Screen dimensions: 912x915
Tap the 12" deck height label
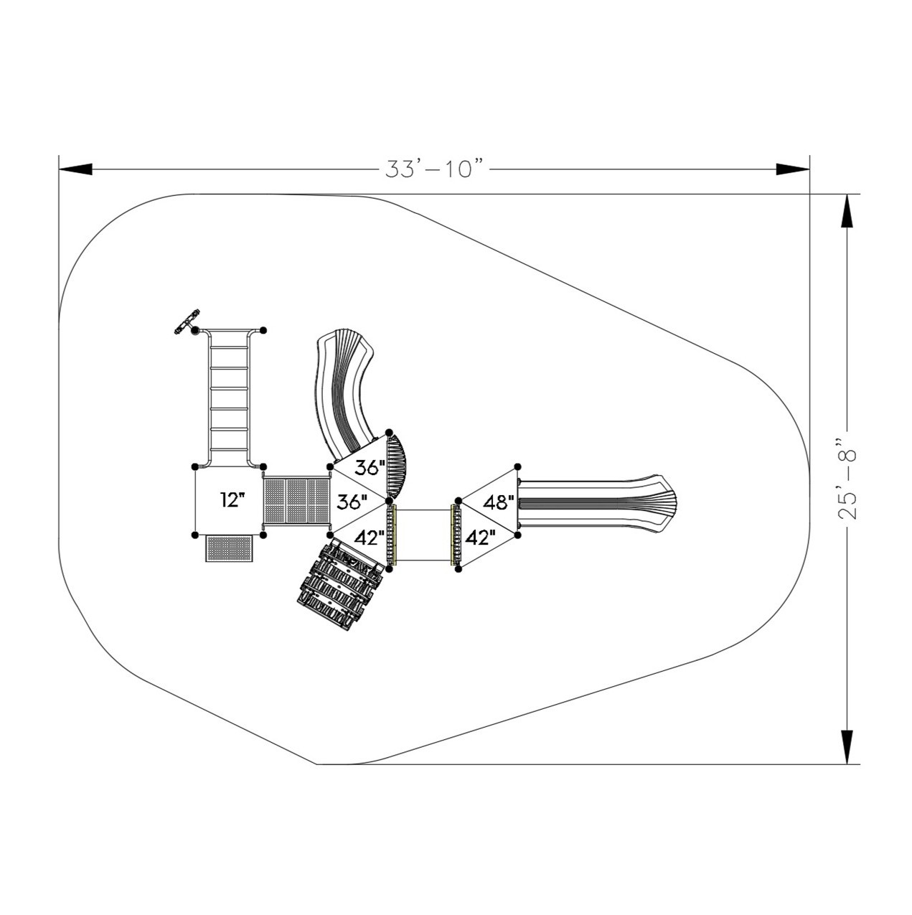click(x=232, y=499)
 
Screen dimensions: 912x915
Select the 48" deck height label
click(x=498, y=502)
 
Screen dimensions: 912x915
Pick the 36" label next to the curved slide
click(x=370, y=468)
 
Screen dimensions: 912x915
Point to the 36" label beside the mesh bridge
click(x=352, y=502)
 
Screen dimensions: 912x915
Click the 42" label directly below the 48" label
click(x=481, y=538)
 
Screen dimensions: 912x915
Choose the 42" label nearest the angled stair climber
click(x=369, y=538)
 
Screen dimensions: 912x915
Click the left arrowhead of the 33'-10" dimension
click(x=75, y=169)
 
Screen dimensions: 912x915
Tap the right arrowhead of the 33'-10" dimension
click(x=793, y=169)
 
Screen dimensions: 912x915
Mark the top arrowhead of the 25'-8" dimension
click(x=847, y=211)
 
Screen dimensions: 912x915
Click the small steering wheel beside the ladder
click(x=186, y=322)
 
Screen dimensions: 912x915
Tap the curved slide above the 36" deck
click(x=346, y=395)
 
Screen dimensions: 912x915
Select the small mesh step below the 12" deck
click(x=229, y=548)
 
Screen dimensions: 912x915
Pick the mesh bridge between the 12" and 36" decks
click(x=296, y=501)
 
